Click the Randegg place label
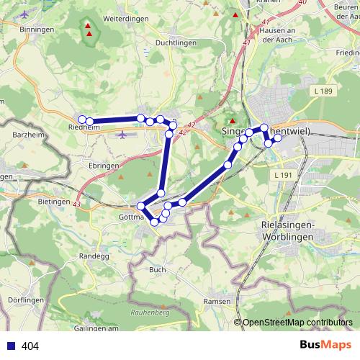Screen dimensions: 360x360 [x=94, y=255]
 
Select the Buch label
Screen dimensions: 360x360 [x=158, y=269]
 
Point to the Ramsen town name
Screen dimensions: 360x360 [x=217, y=301]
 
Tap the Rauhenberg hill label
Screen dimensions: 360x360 [x=150, y=313]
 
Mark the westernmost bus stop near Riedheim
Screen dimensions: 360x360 [x=83, y=120]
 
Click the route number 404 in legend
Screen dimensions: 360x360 [x=30, y=346]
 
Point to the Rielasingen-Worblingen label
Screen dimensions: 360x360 [x=287, y=230]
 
